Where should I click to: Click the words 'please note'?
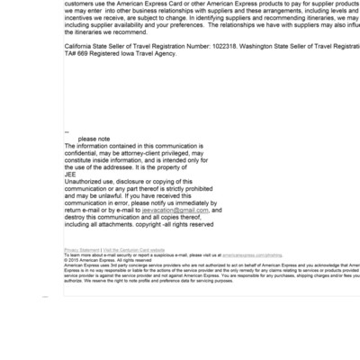[x=94, y=139]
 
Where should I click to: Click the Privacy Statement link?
[x=82, y=249]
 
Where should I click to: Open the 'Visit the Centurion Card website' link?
[x=134, y=249]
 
